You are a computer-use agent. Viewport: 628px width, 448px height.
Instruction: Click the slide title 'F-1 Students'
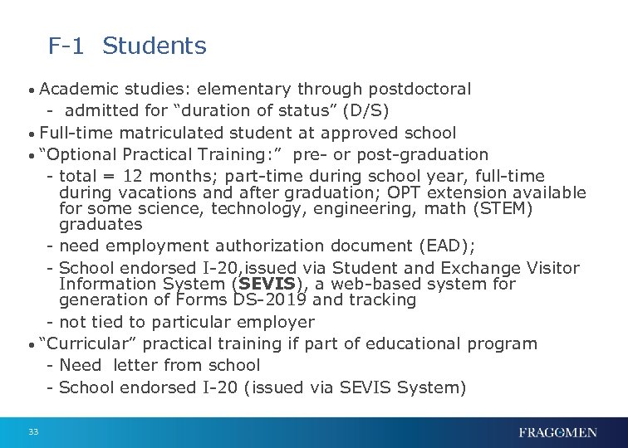point(127,46)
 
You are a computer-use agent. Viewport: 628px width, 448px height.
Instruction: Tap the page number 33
point(33,431)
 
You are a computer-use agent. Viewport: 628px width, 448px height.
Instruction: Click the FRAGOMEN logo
point(557,431)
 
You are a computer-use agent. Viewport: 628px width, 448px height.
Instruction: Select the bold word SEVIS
point(262,284)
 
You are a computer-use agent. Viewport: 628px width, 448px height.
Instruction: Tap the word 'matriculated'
point(170,133)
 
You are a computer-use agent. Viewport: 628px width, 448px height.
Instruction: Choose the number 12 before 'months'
point(133,176)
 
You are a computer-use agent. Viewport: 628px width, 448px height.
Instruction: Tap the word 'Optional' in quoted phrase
point(81,154)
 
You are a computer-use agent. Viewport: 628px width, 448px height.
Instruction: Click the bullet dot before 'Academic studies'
point(31,90)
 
